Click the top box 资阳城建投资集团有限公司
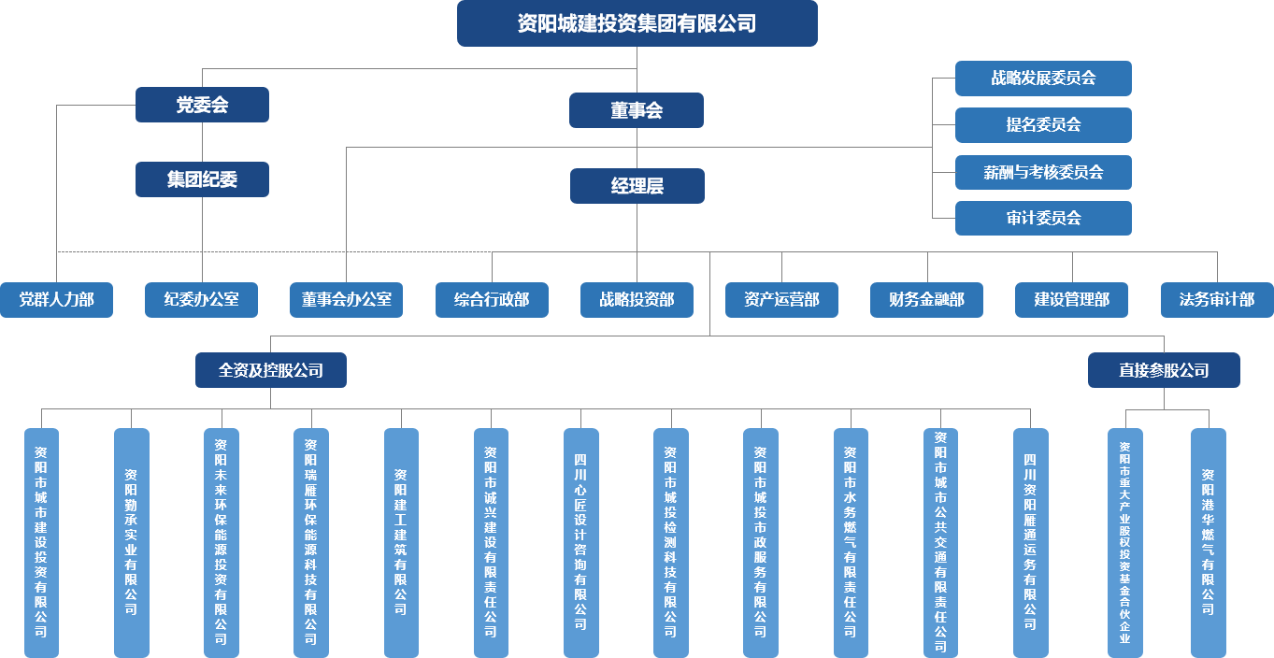(x=637, y=23)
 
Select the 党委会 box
(x=202, y=105)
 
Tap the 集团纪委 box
(x=202, y=179)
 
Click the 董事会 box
(x=637, y=110)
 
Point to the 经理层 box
(x=637, y=186)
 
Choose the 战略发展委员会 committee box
(x=1043, y=79)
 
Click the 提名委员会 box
(x=1043, y=125)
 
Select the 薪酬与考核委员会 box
(x=1043, y=172)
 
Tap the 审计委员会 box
(x=1043, y=218)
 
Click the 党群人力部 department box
(x=56, y=300)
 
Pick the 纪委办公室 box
(x=201, y=300)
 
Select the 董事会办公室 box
(x=346, y=300)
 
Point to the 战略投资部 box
(x=637, y=300)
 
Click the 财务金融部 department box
(x=926, y=300)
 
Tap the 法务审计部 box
(x=1217, y=300)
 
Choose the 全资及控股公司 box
(x=271, y=370)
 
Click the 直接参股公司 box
(x=1164, y=370)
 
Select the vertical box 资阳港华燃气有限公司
(x=1208, y=542)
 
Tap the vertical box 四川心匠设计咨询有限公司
(x=580, y=542)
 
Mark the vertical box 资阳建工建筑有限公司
(x=401, y=542)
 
